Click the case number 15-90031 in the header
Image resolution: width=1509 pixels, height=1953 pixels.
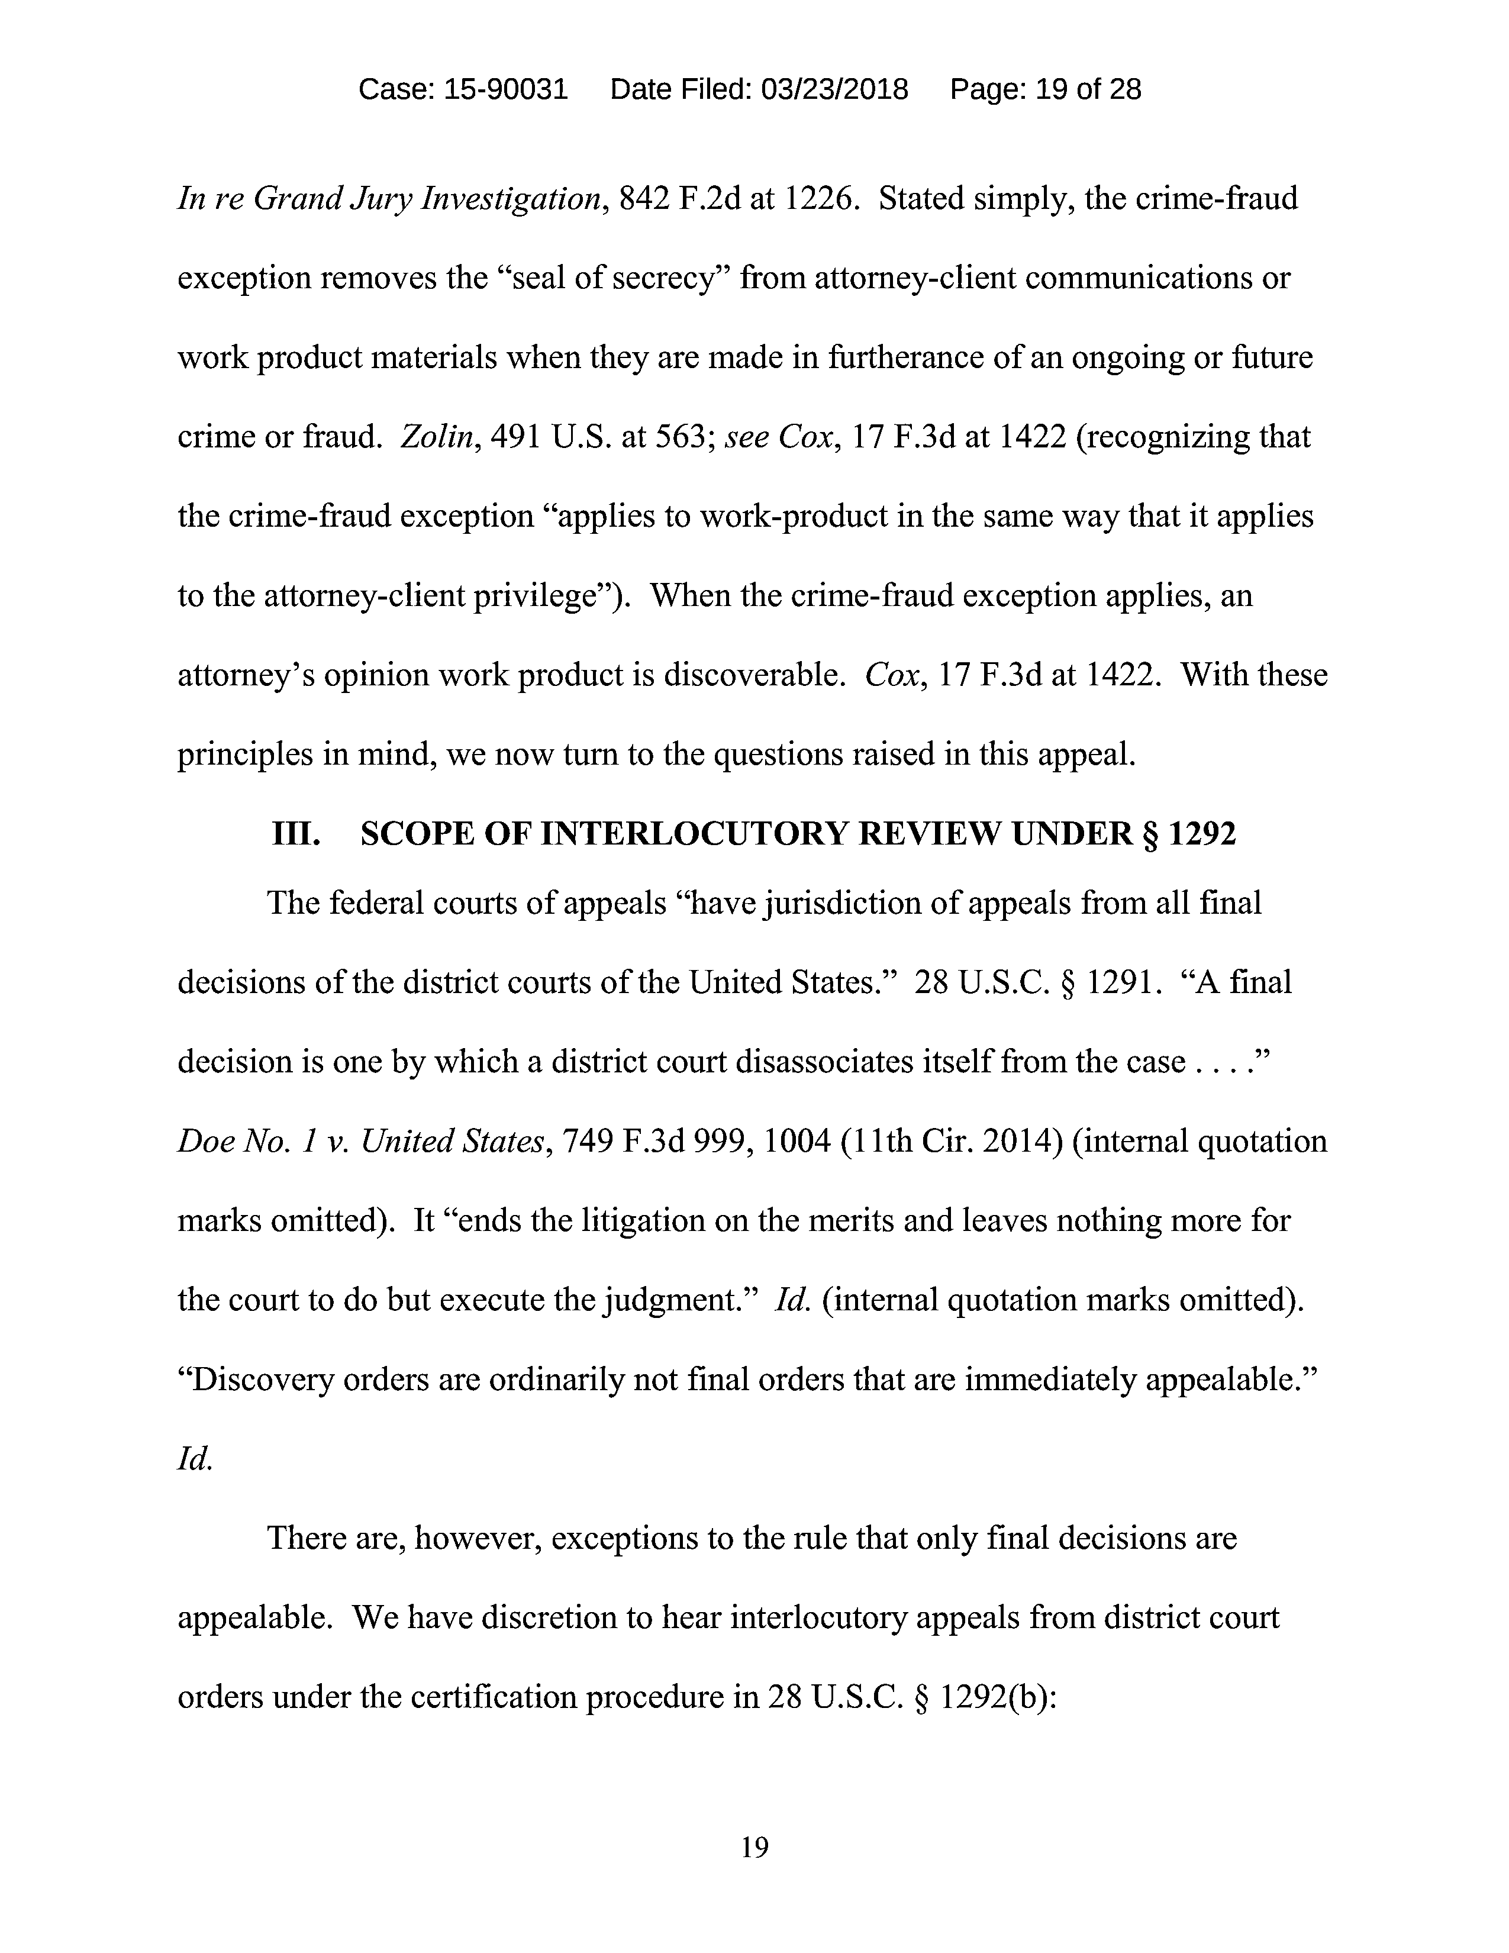point(505,89)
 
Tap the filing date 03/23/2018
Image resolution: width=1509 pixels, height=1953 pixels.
point(833,89)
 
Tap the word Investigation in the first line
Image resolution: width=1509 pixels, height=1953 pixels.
point(513,198)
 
